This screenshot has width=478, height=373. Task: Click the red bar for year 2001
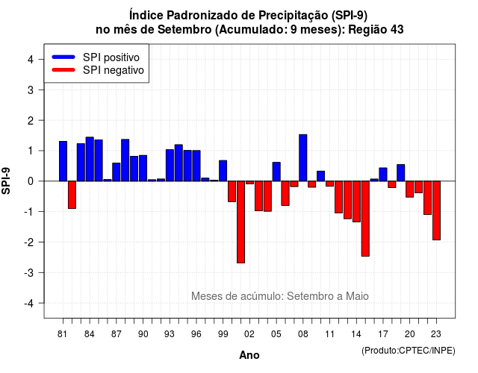tap(240, 222)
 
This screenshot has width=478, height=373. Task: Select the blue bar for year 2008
tap(303, 157)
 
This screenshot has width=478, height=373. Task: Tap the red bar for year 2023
tap(436, 210)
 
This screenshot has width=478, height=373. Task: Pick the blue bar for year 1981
tap(63, 161)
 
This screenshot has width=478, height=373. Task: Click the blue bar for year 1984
tap(90, 159)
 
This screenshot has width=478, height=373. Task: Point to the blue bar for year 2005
tap(276, 172)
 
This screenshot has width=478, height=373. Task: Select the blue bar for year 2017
tap(383, 174)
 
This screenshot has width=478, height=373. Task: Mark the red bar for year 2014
tap(356, 201)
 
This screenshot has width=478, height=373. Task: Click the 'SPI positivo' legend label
tap(111, 57)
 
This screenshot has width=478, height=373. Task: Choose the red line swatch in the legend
tap(63, 70)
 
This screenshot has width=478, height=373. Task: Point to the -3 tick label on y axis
tap(30, 272)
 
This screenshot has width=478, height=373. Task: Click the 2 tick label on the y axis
tap(31, 121)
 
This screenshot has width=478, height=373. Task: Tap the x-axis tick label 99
tap(223, 334)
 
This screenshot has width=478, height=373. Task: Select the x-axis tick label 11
tap(330, 334)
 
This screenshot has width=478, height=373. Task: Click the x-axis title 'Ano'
tap(249, 355)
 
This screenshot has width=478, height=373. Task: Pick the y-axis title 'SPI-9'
tap(6, 181)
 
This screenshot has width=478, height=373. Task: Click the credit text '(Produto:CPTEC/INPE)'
tap(409, 351)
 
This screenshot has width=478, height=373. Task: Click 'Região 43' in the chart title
tap(376, 30)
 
